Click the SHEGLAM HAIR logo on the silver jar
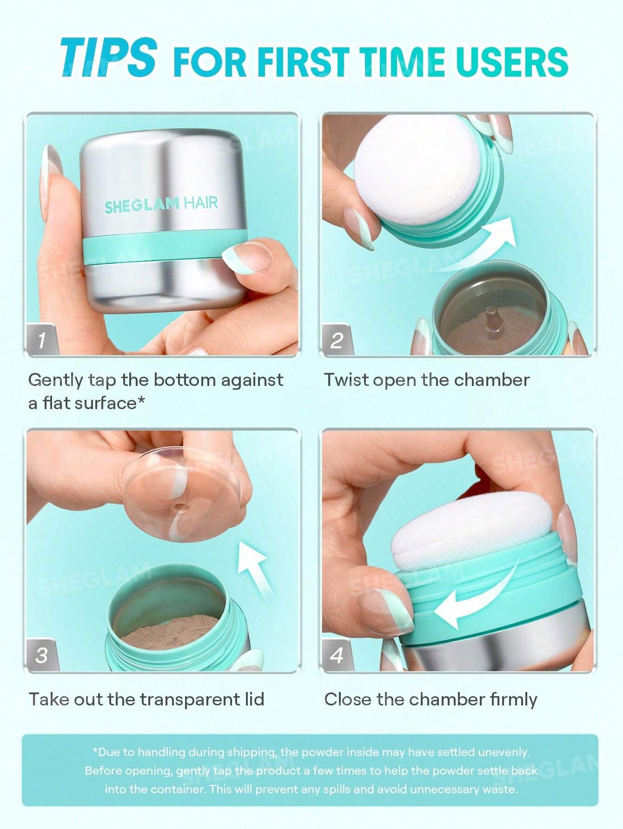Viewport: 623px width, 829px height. pos(161,204)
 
